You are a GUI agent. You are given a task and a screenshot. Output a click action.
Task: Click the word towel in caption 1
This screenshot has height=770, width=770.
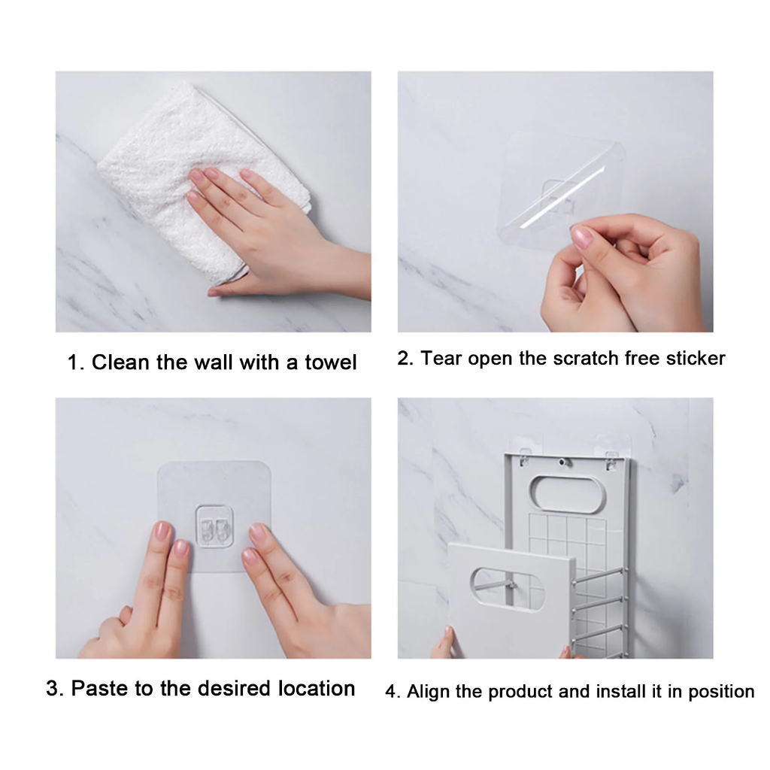[330, 362]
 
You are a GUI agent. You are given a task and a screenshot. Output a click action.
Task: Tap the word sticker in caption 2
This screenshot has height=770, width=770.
[695, 359]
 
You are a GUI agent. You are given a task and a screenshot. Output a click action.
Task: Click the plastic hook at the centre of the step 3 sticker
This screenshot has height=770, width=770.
[214, 526]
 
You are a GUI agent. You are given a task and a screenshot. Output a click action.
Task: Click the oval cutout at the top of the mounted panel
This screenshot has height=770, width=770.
[567, 493]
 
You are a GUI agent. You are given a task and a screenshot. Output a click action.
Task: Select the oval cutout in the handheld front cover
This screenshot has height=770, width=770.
[508, 590]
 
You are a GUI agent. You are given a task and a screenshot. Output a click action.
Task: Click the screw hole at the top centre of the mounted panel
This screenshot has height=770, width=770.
[563, 462]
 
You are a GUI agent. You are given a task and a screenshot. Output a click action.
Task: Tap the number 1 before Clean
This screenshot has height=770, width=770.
[74, 363]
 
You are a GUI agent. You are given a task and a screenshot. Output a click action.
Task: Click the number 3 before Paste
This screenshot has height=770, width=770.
[53, 689]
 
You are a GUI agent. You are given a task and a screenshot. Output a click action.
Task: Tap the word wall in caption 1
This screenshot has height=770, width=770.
[213, 362]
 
